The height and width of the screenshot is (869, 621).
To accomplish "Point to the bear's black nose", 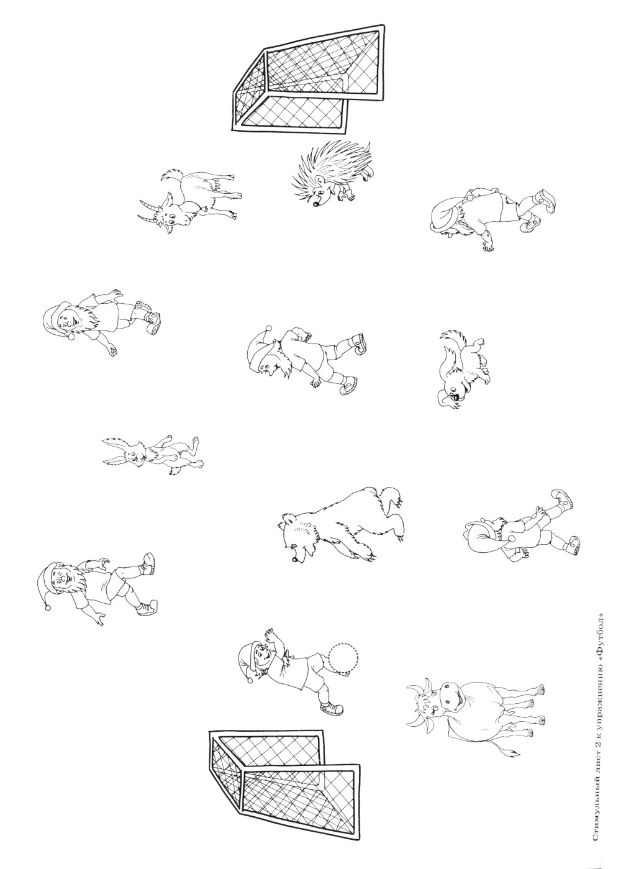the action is pos(296,560).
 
